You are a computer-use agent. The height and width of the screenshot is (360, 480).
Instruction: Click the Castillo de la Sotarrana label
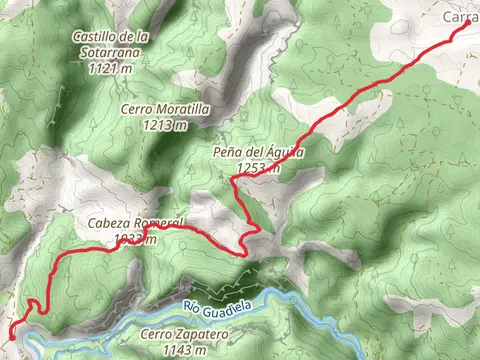pos(112,45)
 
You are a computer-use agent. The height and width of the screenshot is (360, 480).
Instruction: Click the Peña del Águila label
pos(257,153)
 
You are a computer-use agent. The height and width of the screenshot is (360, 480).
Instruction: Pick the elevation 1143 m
pos(186,350)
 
